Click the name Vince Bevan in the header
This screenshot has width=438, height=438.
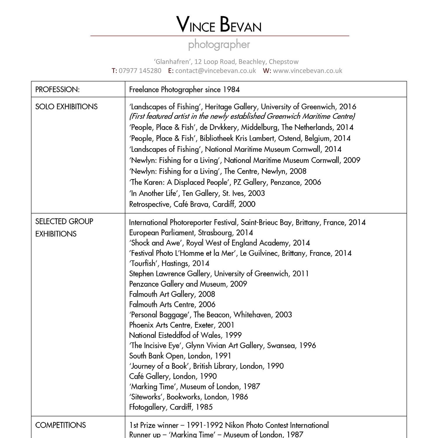click(219, 25)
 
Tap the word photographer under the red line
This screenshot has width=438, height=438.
click(219, 45)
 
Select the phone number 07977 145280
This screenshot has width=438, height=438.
click(140, 71)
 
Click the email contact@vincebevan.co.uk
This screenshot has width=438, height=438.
click(215, 71)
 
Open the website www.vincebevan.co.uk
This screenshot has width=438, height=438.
click(307, 71)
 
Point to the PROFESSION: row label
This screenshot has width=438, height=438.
click(58, 90)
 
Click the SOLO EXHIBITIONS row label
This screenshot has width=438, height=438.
click(66, 107)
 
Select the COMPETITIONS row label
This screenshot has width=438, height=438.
click(60, 425)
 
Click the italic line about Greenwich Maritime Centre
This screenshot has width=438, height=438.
click(242, 116)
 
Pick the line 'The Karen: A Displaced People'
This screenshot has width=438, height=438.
click(225, 182)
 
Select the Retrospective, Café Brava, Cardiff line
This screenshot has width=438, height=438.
click(192, 204)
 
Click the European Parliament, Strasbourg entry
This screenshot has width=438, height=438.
click(191, 233)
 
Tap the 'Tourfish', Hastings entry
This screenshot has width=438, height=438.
click(169, 263)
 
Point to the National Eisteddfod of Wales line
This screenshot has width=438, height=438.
click(185, 335)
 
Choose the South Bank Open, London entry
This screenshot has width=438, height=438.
click(180, 356)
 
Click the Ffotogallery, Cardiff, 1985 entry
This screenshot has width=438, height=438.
click(171, 407)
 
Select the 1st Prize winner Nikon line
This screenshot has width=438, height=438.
click(229, 425)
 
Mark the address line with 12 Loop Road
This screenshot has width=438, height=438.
click(226, 62)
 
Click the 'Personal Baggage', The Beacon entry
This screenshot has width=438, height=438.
click(210, 315)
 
